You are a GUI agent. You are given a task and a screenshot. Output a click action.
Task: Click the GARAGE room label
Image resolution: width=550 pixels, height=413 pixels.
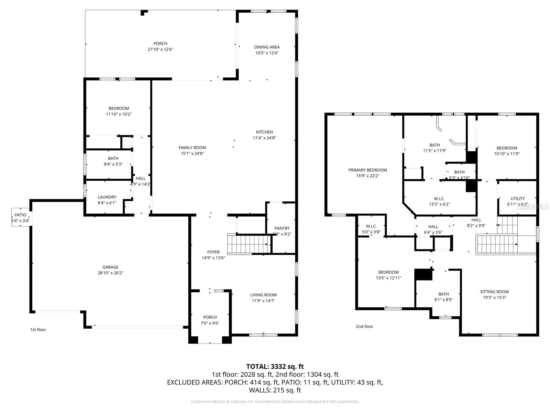click(110, 267)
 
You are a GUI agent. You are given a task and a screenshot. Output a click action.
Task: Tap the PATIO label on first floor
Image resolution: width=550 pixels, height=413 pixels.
click(20, 215)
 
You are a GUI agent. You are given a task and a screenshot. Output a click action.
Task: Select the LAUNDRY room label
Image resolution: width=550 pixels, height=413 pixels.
click(107, 197)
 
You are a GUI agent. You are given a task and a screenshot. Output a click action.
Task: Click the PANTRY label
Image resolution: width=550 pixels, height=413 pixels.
click(282, 228)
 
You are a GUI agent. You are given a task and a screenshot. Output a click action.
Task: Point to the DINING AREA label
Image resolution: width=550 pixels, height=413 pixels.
click(267, 47)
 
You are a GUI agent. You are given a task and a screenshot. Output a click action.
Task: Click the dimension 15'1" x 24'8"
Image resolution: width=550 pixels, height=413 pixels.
click(192, 153)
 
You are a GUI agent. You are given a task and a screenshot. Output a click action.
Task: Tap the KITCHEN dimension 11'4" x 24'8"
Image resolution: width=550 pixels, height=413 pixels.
click(264, 138)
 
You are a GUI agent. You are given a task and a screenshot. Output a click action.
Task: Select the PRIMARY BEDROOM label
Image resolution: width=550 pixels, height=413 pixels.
click(367, 170)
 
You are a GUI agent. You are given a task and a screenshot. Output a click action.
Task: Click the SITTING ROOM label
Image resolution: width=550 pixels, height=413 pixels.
click(494, 292)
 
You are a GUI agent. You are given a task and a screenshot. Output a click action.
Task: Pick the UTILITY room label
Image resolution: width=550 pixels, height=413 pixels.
click(517, 199)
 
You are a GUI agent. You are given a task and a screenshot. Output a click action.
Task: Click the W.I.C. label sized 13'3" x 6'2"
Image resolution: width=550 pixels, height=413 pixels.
click(439, 199)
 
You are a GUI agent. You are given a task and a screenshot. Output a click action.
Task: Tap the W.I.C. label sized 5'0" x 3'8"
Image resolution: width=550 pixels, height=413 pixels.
click(371, 226)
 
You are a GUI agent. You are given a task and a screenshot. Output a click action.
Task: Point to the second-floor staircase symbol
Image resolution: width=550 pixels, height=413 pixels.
click(497, 244)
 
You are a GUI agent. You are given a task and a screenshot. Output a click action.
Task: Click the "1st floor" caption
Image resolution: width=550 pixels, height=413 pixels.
click(38, 330)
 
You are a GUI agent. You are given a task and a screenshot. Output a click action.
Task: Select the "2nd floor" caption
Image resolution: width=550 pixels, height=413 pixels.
click(364, 327)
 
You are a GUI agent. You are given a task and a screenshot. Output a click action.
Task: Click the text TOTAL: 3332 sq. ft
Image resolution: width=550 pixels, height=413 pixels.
click(275, 367)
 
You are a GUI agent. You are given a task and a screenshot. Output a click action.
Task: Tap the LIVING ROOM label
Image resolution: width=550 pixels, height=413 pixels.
click(263, 295)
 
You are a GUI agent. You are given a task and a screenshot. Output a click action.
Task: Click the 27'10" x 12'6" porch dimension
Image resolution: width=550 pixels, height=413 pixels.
click(160, 50)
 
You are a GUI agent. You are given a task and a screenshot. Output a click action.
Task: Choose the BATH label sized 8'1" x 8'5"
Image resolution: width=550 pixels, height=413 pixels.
click(443, 294)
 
